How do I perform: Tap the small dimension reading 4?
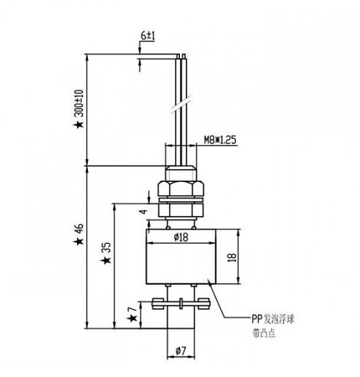(143, 213)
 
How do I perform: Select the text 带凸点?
(262, 333)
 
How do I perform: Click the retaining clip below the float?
(177, 303)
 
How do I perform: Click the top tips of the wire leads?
(181, 58)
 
